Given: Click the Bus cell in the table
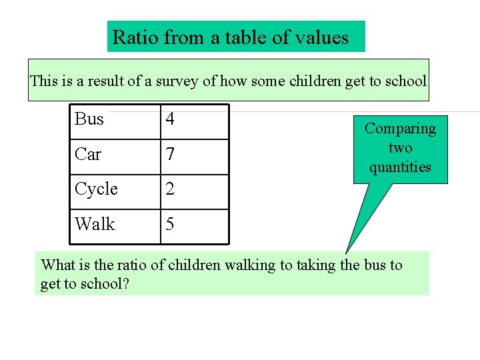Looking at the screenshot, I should [x=89, y=119].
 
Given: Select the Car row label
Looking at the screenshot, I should [x=88, y=155].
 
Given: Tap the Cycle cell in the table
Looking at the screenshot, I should [x=96, y=189].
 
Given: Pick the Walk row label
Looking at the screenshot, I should [x=95, y=225].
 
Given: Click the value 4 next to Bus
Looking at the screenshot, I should [x=170, y=119].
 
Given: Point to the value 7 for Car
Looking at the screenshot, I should [x=170, y=155].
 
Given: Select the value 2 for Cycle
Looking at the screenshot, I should [x=170, y=189].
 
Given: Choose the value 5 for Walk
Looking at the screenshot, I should [x=170, y=225].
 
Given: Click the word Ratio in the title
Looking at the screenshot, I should [x=135, y=37].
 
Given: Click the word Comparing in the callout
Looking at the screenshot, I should [x=400, y=129].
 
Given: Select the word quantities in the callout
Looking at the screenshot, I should [x=400, y=167].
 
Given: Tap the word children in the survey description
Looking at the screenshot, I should [x=314, y=81].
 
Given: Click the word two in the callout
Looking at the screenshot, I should [x=400, y=147].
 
